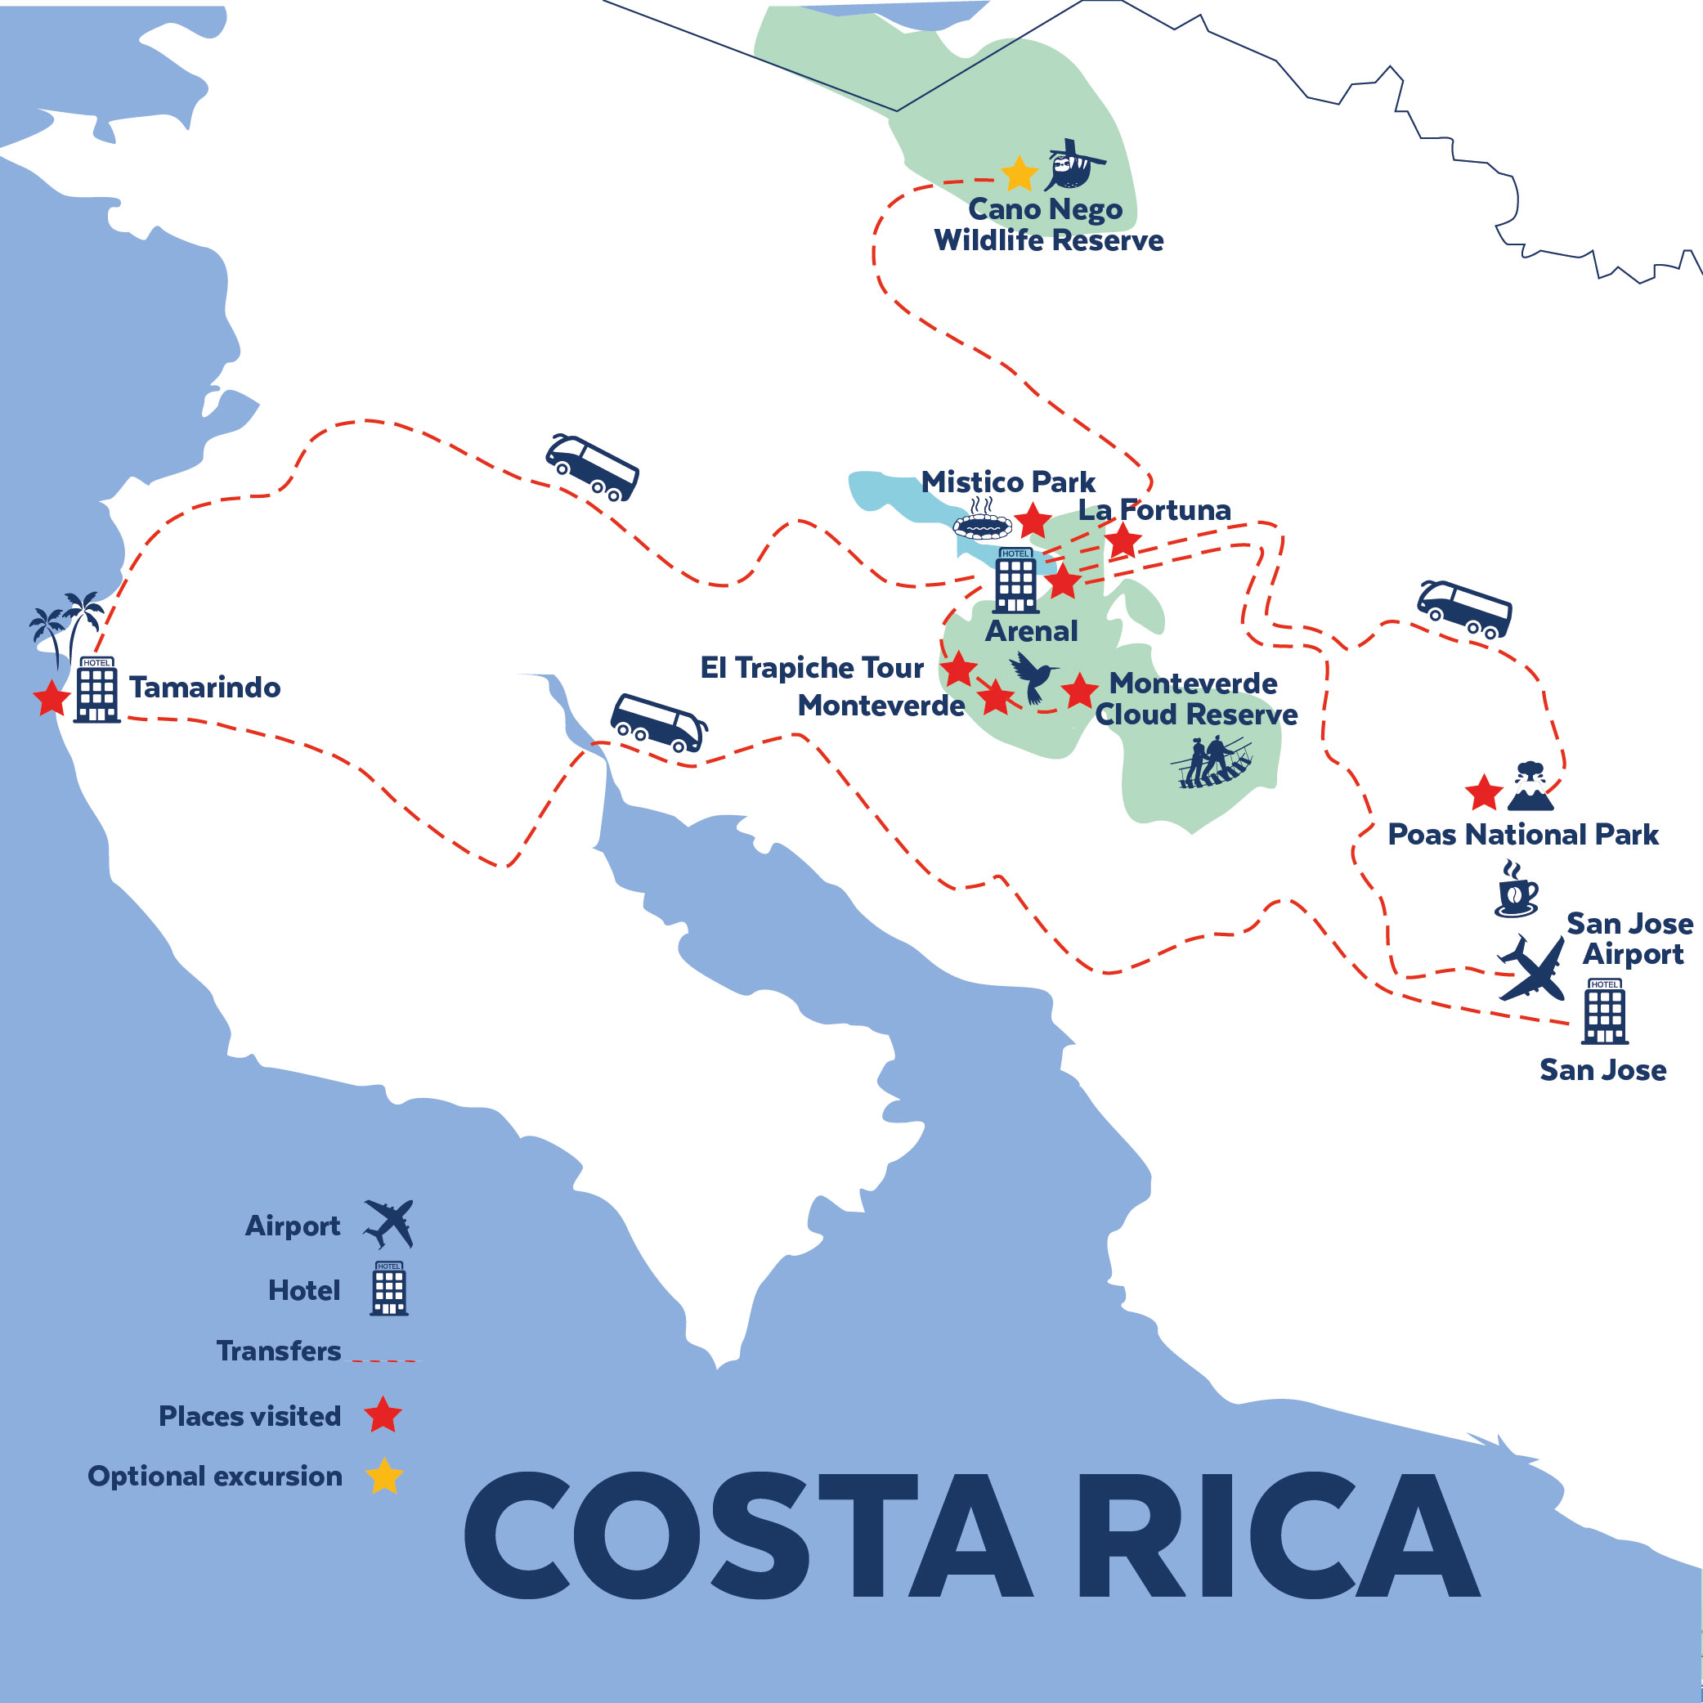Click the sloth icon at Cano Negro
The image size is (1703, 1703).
tap(1073, 166)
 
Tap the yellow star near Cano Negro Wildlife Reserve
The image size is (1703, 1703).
tap(1019, 174)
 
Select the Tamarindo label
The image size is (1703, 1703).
tap(204, 688)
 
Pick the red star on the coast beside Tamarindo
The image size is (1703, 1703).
tap(52, 698)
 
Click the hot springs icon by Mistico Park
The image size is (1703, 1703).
tap(982, 521)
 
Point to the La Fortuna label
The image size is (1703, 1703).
tap(1154, 509)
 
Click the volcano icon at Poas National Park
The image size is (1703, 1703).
tap(1530, 787)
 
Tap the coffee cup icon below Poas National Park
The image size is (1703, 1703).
tap(1516, 890)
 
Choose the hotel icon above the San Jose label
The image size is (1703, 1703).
tap(1604, 1011)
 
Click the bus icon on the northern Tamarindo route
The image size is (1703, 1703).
tap(593, 467)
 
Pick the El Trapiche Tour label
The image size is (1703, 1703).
tap(811, 668)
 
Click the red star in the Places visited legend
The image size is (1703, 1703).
tap(383, 1414)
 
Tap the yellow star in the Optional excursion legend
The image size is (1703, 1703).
tap(384, 1476)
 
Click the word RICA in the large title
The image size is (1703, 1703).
tap(1276, 1536)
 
